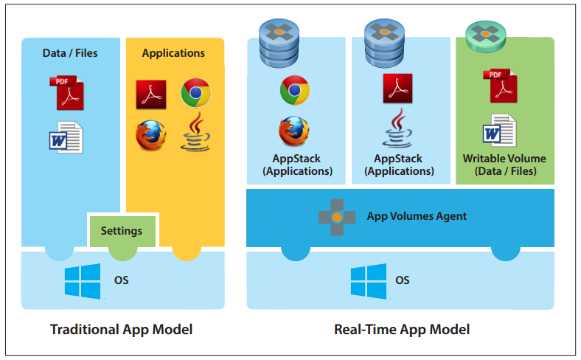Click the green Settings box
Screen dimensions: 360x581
pyautogui.click(x=122, y=231)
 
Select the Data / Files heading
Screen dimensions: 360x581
pyautogui.click(x=70, y=53)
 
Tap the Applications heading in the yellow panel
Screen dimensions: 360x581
pyautogui.click(x=173, y=53)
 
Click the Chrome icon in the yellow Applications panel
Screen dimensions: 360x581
pyautogui.click(x=195, y=93)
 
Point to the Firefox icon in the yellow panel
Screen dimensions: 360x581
pyautogui.click(x=150, y=134)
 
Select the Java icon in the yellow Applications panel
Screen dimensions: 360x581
pyautogui.click(x=195, y=133)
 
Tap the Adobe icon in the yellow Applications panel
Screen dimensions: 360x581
pyautogui.click(x=150, y=94)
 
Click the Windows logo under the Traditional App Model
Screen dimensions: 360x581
pyautogui.click(x=82, y=281)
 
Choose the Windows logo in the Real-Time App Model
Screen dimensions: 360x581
pyautogui.click(x=368, y=281)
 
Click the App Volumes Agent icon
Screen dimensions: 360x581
pyautogui.click(x=335, y=217)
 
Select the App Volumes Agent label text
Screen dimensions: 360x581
pyautogui.click(x=417, y=217)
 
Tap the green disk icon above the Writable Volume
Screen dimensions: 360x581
pyautogui.click(x=487, y=35)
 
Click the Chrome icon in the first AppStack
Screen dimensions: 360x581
pyautogui.click(x=294, y=91)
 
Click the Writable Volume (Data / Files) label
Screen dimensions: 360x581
pyautogui.click(x=504, y=165)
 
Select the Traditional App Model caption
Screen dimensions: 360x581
pyautogui.click(x=121, y=330)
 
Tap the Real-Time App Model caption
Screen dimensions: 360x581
pyautogui.click(x=402, y=330)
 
